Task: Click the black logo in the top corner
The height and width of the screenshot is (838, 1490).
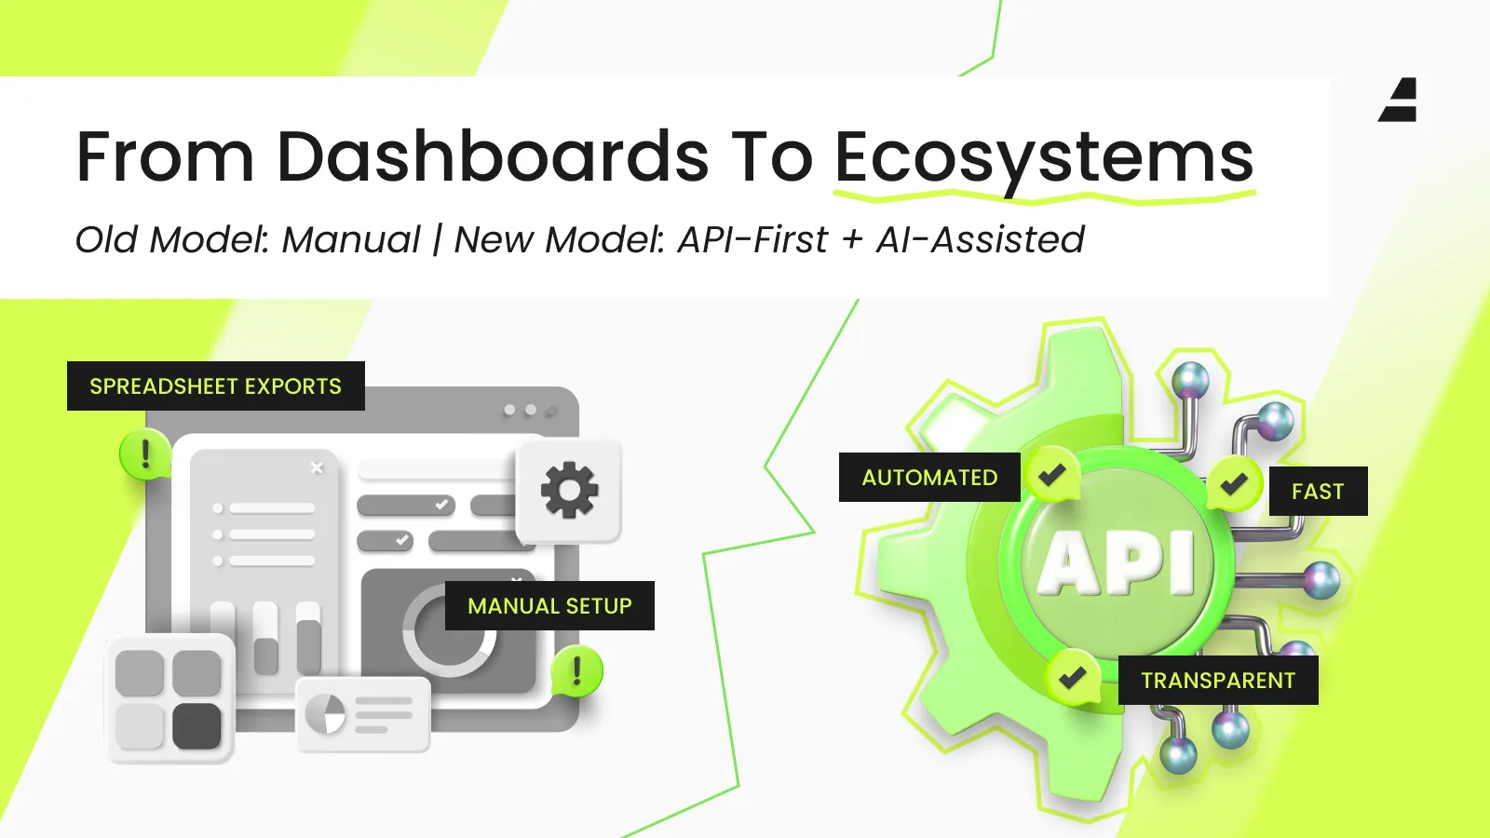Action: (1398, 100)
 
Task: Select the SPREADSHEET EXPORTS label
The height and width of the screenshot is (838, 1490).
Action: (215, 385)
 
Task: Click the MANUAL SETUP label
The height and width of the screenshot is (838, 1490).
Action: (549, 605)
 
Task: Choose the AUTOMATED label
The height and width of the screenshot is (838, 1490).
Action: (929, 477)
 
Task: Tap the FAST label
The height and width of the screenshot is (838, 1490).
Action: (1318, 491)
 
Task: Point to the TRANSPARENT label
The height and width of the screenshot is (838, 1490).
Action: (1218, 680)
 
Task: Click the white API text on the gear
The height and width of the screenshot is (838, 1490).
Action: (1117, 562)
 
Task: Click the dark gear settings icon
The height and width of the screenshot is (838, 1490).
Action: (569, 490)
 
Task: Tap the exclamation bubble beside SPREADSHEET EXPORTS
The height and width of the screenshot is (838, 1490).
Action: (145, 454)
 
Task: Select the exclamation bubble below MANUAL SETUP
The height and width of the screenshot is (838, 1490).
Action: (576, 670)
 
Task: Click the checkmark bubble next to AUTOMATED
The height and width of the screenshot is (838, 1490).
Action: (1053, 474)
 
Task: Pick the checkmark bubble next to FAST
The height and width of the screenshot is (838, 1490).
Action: (1234, 483)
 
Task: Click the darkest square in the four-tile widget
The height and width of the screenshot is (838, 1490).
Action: (196, 726)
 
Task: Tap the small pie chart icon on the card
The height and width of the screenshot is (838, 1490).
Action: (325, 713)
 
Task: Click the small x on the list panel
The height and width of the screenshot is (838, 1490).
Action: (318, 467)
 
